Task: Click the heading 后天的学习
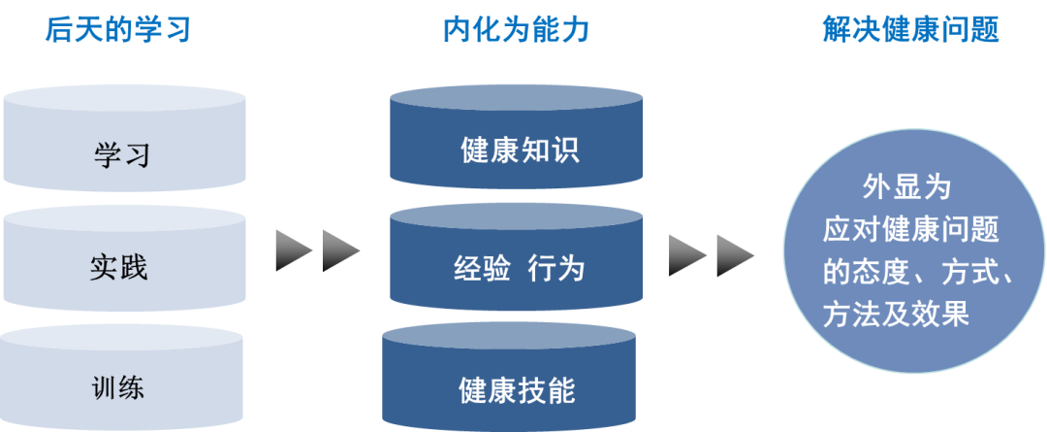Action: click(x=117, y=31)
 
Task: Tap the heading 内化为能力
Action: click(x=516, y=31)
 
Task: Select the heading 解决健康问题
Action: click(x=910, y=31)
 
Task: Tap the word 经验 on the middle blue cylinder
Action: click(x=482, y=268)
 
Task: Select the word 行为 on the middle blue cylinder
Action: click(x=556, y=268)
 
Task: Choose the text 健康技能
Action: click(x=517, y=389)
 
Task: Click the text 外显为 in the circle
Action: click(x=907, y=186)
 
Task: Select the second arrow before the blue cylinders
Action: click(x=339, y=249)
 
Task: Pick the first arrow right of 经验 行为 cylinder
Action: click(x=686, y=255)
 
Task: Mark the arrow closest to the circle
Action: click(x=734, y=255)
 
